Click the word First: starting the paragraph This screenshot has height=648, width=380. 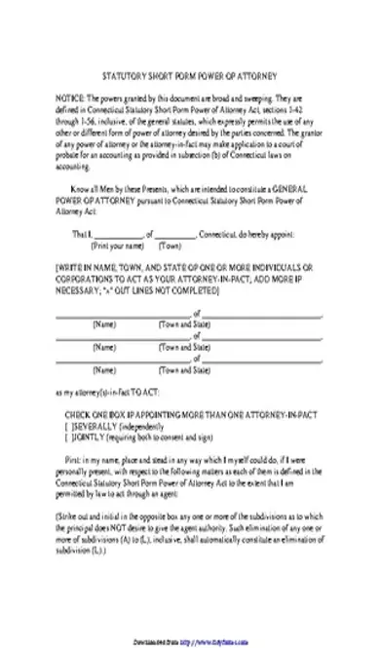point(78,429)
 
